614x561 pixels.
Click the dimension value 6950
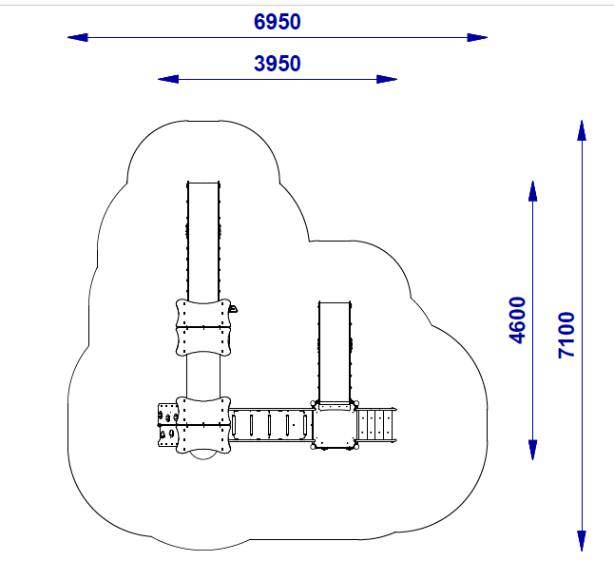coord(278,22)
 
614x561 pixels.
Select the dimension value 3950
coord(278,64)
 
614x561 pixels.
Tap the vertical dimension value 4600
coord(517,320)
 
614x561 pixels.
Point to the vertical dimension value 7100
coord(566,335)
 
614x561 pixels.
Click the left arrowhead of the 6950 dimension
coord(78,38)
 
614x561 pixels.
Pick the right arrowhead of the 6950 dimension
coord(477,38)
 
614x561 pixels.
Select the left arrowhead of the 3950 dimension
coord(168,79)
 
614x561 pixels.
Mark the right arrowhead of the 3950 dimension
coord(387,79)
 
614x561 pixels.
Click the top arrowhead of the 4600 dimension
coord(532,191)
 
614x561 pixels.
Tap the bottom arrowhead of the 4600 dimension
coord(532,450)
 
